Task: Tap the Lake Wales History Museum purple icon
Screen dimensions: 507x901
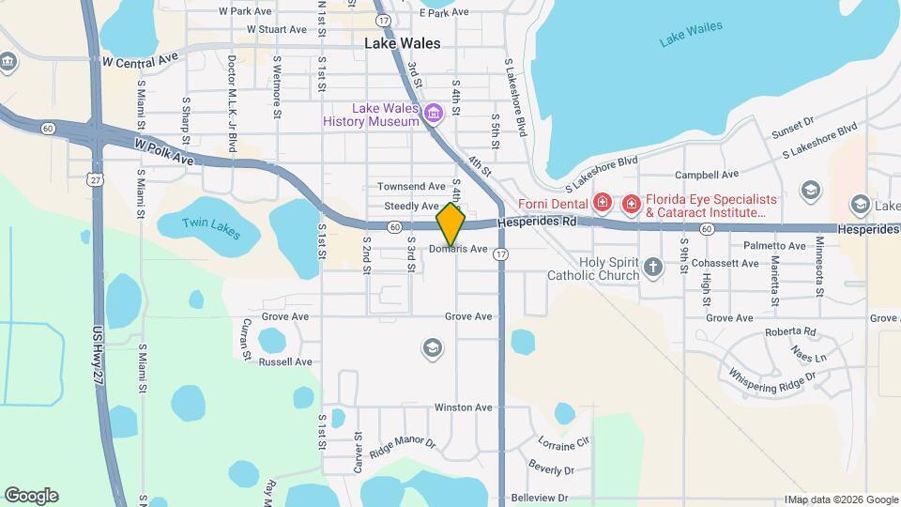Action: point(433,115)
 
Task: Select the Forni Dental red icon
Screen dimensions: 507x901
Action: point(602,202)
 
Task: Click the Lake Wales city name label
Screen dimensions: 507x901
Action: point(402,43)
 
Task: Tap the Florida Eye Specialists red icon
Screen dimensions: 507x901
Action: point(630,202)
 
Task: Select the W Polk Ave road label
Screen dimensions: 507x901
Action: point(163,152)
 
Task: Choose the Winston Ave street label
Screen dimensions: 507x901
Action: point(463,407)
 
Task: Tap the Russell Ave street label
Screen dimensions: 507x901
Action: point(284,361)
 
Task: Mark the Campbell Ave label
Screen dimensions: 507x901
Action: point(709,175)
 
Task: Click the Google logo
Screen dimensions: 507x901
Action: point(31,496)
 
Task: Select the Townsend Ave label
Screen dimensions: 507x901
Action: point(411,187)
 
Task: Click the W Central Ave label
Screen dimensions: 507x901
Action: point(140,61)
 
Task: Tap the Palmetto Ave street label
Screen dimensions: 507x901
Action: point(773,246)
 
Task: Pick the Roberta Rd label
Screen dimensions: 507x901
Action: point(790,331)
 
